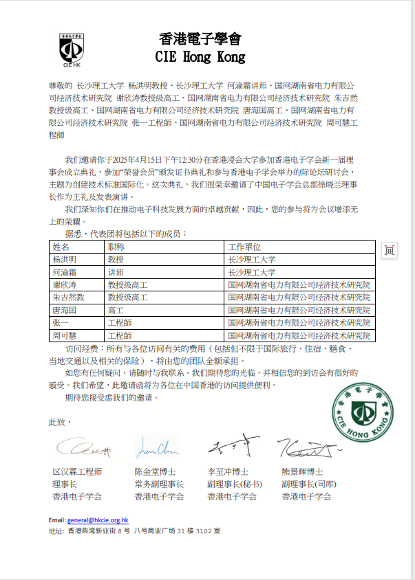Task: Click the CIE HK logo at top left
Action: [x=72, y=49]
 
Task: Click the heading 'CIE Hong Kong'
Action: [x=200, y=56]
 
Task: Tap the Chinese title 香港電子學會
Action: [x=200, y=38]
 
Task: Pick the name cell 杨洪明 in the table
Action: [x=65, y=260]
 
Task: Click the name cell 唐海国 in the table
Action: [x=65, y=310]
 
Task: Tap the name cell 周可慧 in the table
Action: [x=65, y=335]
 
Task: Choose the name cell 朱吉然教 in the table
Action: [x=69, y=298]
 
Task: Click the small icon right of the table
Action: [x=389, y=250]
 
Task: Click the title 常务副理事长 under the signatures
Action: [x=160, y=484]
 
